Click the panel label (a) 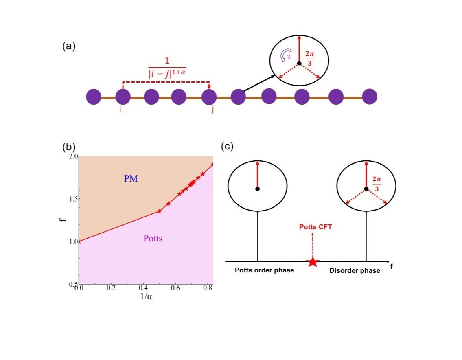click(69, 46)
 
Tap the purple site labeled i click(123, 97)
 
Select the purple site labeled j click(209, 97)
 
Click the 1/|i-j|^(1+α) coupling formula click(166, 67)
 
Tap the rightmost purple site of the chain click(370, 97)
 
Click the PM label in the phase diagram click(131, 178)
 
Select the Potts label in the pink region click(153, 239)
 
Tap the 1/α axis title click(146, 297)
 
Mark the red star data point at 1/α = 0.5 click(159, 211)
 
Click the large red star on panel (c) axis click(312, 261)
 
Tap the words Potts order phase click(264, 270)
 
